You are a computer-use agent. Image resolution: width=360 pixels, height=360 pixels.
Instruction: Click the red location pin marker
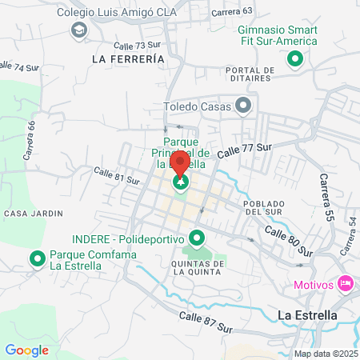tap(181, 164)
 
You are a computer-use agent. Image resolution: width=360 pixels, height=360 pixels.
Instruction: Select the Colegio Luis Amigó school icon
tap(78, 30)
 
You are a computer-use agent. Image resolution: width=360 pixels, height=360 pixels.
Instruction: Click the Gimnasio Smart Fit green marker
tap(294, 58)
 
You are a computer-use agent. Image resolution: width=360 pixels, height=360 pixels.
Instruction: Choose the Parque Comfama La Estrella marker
tap(37, 258)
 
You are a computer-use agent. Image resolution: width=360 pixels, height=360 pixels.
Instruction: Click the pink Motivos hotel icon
tap(346, 283)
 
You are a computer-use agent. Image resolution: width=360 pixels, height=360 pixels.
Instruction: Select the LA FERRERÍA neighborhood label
tap(128, 59)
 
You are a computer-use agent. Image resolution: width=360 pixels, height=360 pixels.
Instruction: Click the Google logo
tap(27, 350)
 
